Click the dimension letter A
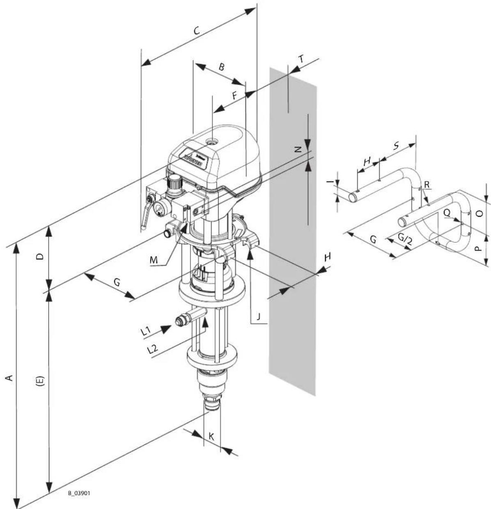pyautogui.click(x=9, y=378)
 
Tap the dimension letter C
pyautogui.click(x=197, y=31)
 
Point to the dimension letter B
pyautogui.click(x=221, y=67)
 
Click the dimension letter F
pyautogui.click(x=235, y=96)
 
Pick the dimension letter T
pyautogui.click(x=302, y=59)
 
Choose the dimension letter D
pyautogui.click(x=40, y=256)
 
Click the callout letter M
pyautogui.click(x=154, y=260)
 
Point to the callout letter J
pyautogui.click(x=259, y=317)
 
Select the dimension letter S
pyautogui.click(x=396, y=146)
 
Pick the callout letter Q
pyautogui.click(x=447, y=213)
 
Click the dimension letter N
pyautogui.click(x=298, y=149)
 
